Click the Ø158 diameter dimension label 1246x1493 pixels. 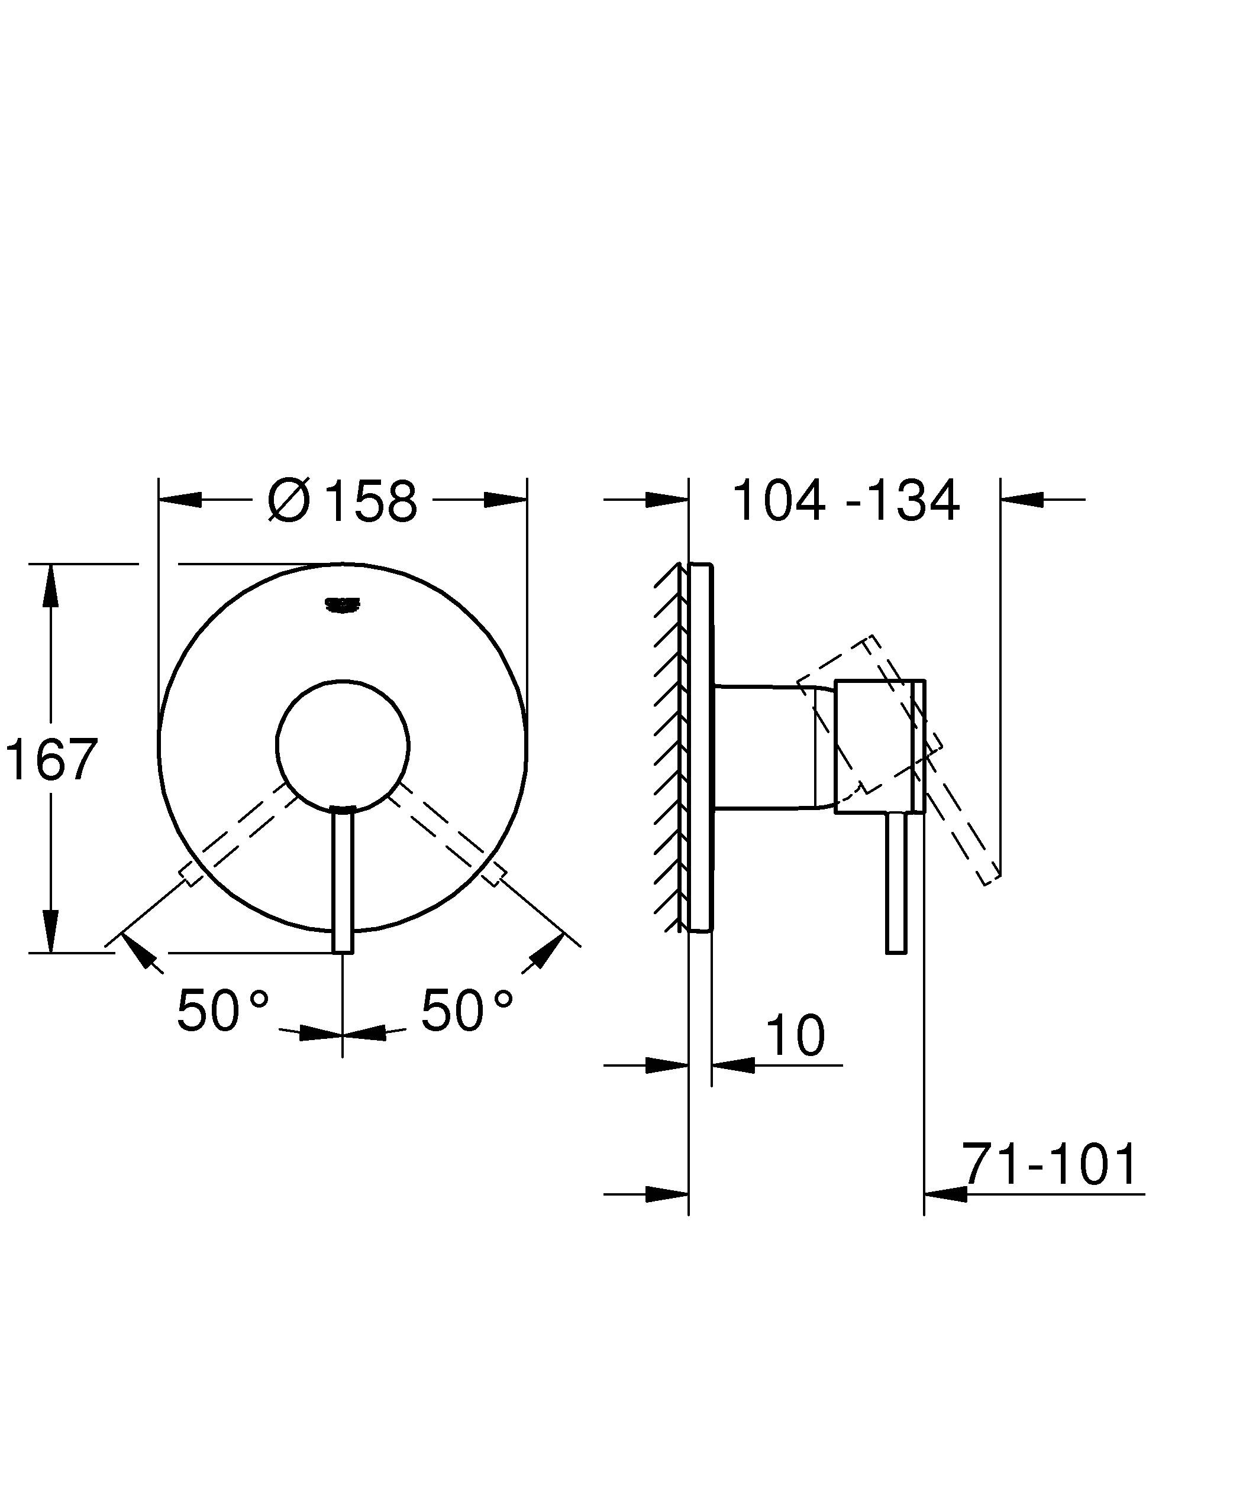coord(342,501)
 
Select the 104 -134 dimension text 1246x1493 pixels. coord(845,501)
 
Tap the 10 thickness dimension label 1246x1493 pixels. coord(796,1036)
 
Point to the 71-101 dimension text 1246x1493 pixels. coord(1050,1165)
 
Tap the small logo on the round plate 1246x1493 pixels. coord(343,604)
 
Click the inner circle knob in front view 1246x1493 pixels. coord(343,745)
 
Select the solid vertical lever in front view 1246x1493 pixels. coord(343,882)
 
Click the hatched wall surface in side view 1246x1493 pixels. coord(669,746)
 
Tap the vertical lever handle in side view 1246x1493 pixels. coord(896,885)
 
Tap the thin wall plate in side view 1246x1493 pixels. coord(700,746)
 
